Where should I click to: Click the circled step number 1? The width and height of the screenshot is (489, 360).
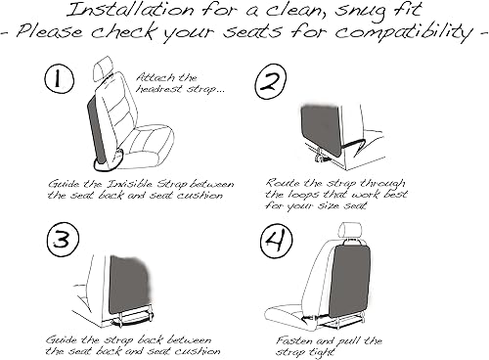click(x=59, y=79)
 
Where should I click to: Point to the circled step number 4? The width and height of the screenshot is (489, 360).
click(x=277, y=242)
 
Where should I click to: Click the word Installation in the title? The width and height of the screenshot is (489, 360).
click(x=130, y=10)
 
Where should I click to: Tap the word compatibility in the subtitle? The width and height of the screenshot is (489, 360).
click(x=404, y=32)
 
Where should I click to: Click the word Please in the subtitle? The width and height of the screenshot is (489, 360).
click(x=49, y=32)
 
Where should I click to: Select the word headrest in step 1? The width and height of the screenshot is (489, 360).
click(x=159, y=89)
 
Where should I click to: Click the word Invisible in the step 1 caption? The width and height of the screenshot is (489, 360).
click(x=130, y=184)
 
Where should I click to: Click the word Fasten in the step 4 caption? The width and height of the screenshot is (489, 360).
click(x=294, y=340)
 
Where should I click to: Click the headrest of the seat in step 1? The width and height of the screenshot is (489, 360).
click(x=102, y=68)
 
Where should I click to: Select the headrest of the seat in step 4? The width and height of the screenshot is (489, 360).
click(x=350, y=231)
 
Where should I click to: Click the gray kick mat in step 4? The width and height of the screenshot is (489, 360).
click(x=349, y=280)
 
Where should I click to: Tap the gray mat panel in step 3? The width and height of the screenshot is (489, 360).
click(x=129, y=284)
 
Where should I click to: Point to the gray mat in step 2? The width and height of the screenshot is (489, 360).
click(x=321, y=129)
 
